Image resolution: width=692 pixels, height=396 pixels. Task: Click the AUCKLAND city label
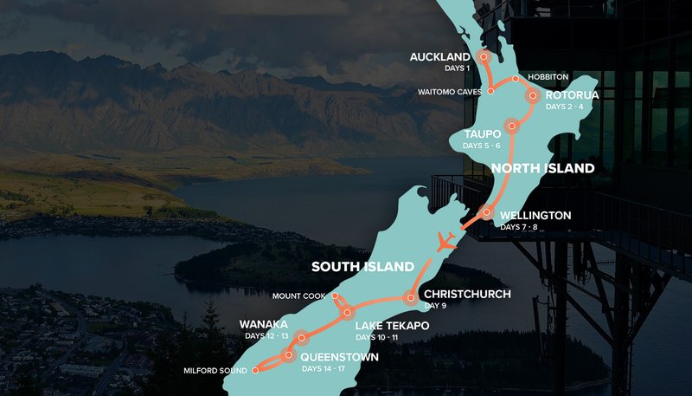[x=439, y=57]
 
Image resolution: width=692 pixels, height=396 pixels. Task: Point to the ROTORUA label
[x=573, y=94]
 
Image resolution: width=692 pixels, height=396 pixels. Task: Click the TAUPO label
[x=481, y=134]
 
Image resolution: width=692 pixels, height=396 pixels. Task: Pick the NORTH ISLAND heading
[x=543, y=168]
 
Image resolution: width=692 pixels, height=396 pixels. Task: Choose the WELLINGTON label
[x=535, y=215]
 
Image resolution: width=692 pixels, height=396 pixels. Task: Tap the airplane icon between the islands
[x=446, y=242]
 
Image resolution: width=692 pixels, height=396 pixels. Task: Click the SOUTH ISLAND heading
[x=362, y=266]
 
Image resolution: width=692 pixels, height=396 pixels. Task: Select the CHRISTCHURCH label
[x=467, y=294]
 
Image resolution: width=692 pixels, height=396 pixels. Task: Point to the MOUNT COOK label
[x=298, y=295]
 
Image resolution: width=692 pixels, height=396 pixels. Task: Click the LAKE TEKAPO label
[x=392, y=326]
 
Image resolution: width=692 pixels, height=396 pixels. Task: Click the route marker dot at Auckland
[x=484, y=56]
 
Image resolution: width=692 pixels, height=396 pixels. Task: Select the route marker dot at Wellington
[x=486, y=212]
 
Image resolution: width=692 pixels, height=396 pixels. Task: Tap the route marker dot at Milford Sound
[x=255, y=370]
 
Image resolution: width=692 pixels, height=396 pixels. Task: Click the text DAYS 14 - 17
[x=327, y=369]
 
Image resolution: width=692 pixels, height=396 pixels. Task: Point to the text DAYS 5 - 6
[x=482, y=146]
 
